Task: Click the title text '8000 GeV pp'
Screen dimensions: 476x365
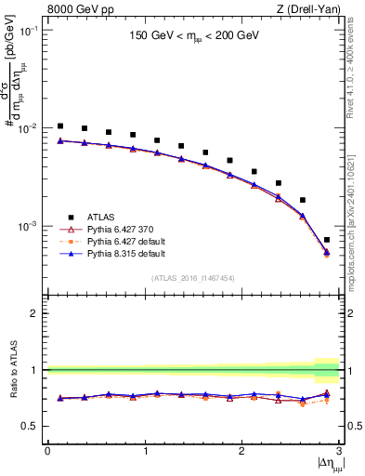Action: (x=76, y=10)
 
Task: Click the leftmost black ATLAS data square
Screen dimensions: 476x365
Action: (x=60, y=126)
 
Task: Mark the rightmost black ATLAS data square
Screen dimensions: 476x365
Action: (x=326, y=240)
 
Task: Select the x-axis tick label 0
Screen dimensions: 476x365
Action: (x=47, y=451)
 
